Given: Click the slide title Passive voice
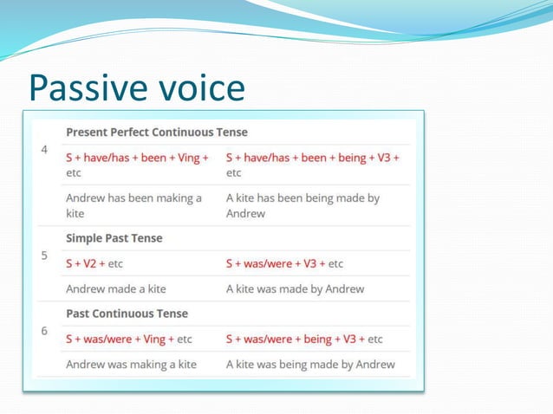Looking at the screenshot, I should coord(136,87).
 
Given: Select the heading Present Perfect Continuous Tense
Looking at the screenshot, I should coord(157,133).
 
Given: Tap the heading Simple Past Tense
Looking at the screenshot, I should coord(114,238).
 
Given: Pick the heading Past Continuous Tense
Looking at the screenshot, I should coord(127,314).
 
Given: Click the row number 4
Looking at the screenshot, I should coord(45,150).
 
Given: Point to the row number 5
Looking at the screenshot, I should coord(45,256).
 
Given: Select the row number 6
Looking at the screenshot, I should coord(45,332).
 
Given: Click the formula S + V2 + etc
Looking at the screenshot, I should coord(97,263).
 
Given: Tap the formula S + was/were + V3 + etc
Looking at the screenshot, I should coord(284,263).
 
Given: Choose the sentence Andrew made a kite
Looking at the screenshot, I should coord(116,288).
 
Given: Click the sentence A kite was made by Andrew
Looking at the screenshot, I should coord(295,288).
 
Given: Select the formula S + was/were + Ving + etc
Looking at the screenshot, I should coord(129,339).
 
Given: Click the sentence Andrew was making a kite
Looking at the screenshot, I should coord(132,365).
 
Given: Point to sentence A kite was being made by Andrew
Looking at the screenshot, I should coord(310,365).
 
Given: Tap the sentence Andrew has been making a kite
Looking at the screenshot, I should coord(134,205).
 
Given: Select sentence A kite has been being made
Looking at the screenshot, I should coord(303,205).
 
